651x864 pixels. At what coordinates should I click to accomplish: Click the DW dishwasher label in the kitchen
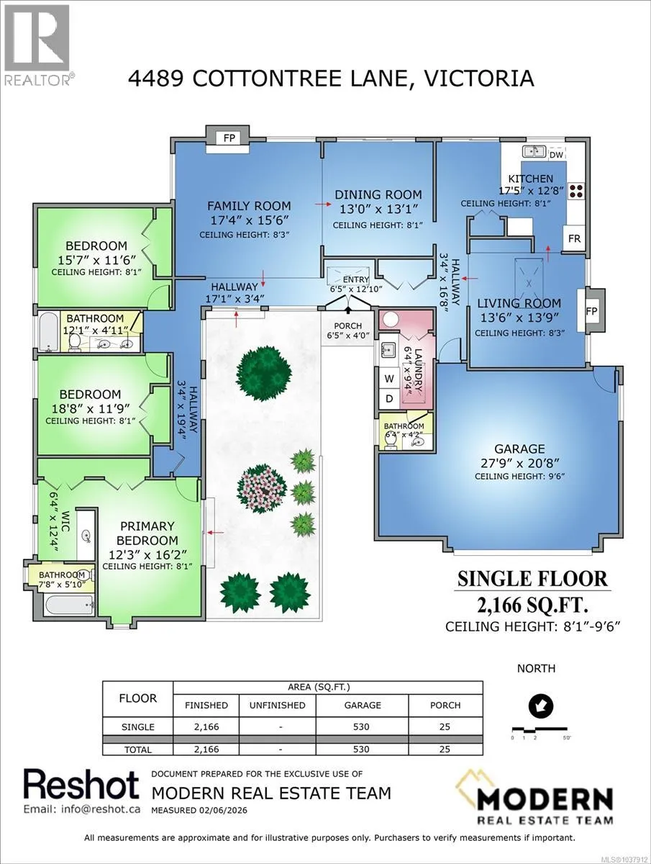click(556, 155)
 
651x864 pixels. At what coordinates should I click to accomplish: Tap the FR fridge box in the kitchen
click(574, 238)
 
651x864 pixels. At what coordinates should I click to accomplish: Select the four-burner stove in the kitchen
click(577, 191)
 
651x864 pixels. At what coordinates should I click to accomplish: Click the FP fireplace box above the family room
click(229, 138)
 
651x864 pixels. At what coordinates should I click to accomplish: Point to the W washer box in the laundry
click(389, 379)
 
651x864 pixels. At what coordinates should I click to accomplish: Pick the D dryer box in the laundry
click(389, 399)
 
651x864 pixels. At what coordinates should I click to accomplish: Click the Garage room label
click(519, 449)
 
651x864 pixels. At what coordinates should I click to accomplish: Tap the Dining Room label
click(378, 194)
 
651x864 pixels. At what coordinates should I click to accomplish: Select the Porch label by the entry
click(347, 326)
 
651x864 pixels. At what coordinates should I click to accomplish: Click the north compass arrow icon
click(541, 706)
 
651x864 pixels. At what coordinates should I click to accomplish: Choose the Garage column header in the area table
click(363, 705)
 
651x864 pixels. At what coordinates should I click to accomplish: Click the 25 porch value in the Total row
click(445, 749)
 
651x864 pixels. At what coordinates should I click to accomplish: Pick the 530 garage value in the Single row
click(361, 726)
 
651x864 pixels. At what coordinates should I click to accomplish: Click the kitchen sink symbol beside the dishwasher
click(534, 151)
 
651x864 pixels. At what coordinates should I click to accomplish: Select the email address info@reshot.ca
click(82, 809)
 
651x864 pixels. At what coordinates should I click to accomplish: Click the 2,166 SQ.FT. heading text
click(533, 605)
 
